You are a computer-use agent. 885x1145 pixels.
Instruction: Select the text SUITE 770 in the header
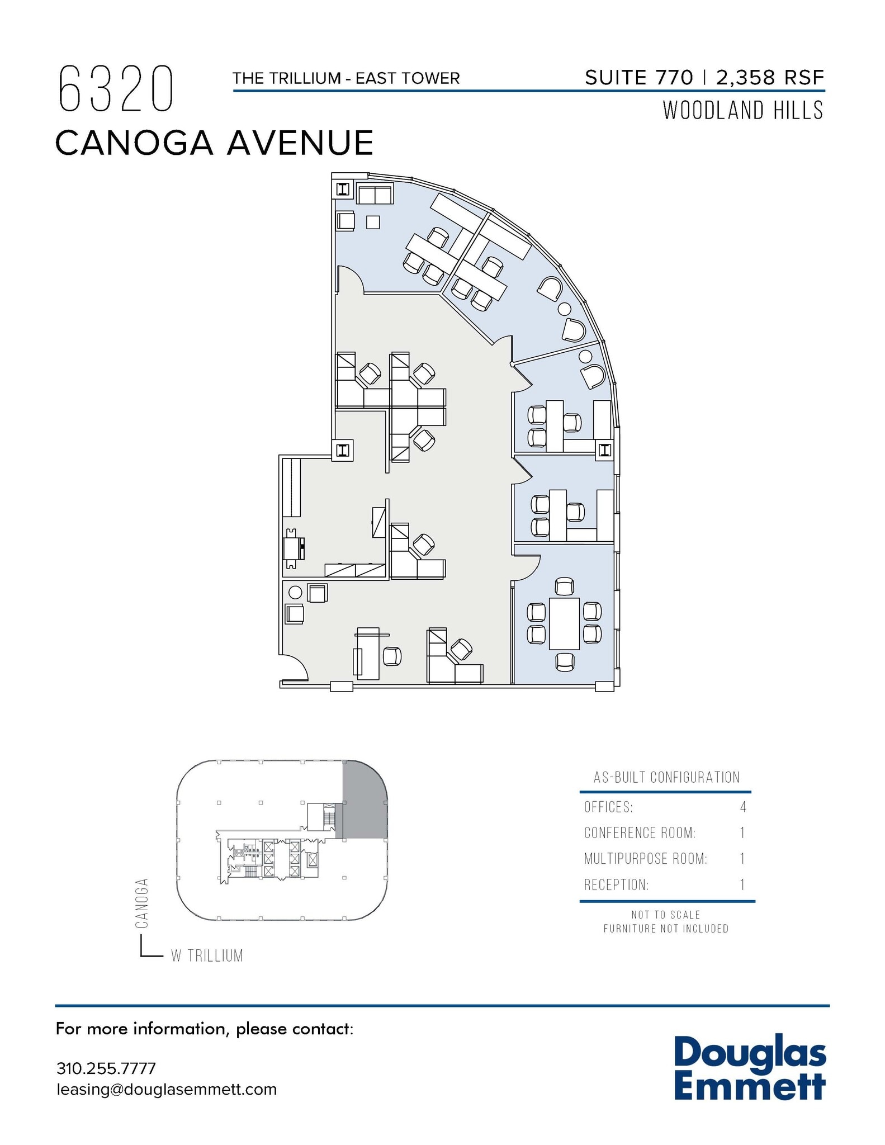coord(638,78)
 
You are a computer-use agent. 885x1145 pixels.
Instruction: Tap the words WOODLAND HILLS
coord(743,111)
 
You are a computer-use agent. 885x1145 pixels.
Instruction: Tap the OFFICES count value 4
coord(743,807)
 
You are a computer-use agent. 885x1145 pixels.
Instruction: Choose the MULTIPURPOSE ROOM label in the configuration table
coord(646,859)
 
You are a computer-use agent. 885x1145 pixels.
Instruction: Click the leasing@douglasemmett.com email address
coord(167,1090)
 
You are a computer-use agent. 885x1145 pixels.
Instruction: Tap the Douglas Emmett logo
coord(750,1068)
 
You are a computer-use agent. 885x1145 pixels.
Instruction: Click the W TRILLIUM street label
coord(207,956)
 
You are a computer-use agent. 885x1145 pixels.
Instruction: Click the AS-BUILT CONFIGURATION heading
coord(666,777)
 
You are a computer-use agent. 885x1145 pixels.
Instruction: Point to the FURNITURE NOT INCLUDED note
coord(666,929)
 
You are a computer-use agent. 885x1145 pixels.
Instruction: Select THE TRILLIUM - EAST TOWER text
coord(346,78)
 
